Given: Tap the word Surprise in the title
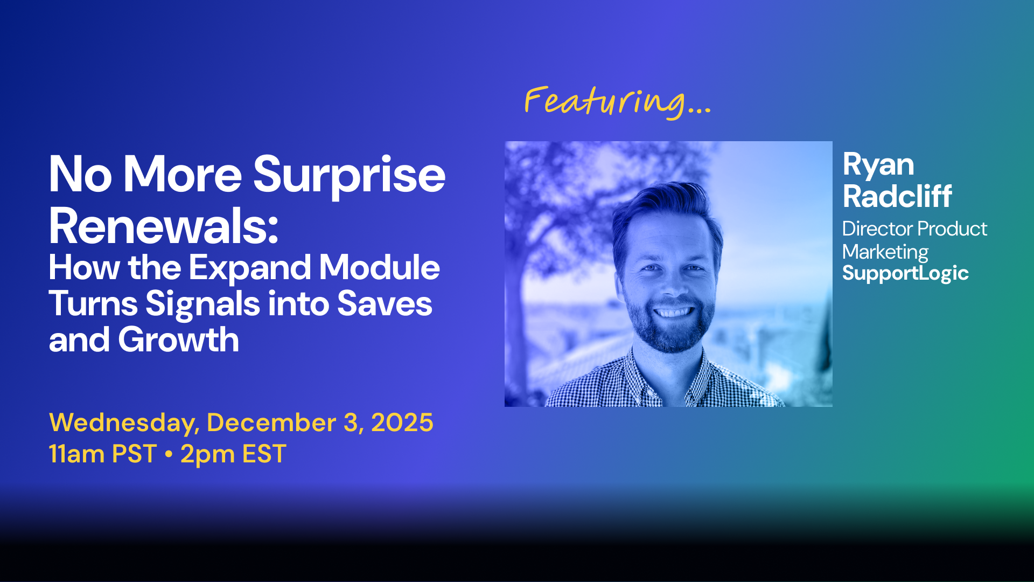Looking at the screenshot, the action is click(x=350, y=175).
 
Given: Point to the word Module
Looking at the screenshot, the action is click(x=380, y=267).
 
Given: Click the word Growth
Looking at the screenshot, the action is click(x=178, y=340).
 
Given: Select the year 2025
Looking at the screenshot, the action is click(x=402, y=422).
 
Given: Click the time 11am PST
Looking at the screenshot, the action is click(x=103, y=454).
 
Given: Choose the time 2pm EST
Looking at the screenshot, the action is click(x=233, y=454).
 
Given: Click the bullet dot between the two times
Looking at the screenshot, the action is click(x=169, y=454).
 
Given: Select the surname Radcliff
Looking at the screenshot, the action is click(x=897, y=196).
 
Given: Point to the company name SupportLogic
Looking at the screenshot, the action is click(x=905, y=273).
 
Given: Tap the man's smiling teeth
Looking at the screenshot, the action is click(x=673, y=312).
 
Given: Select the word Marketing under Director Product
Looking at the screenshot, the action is click(x=885, y=252).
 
